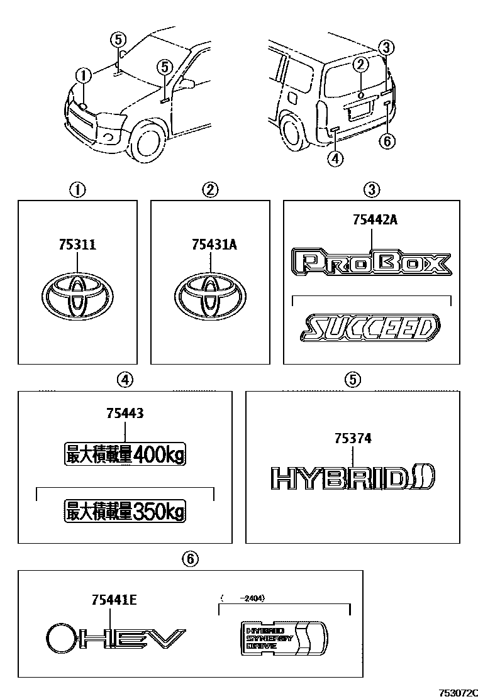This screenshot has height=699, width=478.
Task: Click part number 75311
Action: click(77, 245)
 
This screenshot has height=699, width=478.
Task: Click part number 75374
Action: click(352, 439)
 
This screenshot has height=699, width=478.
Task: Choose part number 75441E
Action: click(113, 602)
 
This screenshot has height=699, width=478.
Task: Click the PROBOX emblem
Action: click(371, 263)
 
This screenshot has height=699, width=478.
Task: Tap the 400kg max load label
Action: click(126, 454)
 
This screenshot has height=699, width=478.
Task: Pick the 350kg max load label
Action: click(126, 511)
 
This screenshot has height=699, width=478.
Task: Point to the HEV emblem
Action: click(116, 639)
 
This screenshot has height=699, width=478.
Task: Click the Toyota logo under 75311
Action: click(77, 294)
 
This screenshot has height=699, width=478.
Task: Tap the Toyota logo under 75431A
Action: click(210, 294)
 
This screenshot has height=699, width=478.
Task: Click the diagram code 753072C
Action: click(454, 691)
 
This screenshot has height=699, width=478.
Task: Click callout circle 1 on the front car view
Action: click(83, 75)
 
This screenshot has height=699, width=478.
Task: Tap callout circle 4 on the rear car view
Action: click(336, 159)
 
